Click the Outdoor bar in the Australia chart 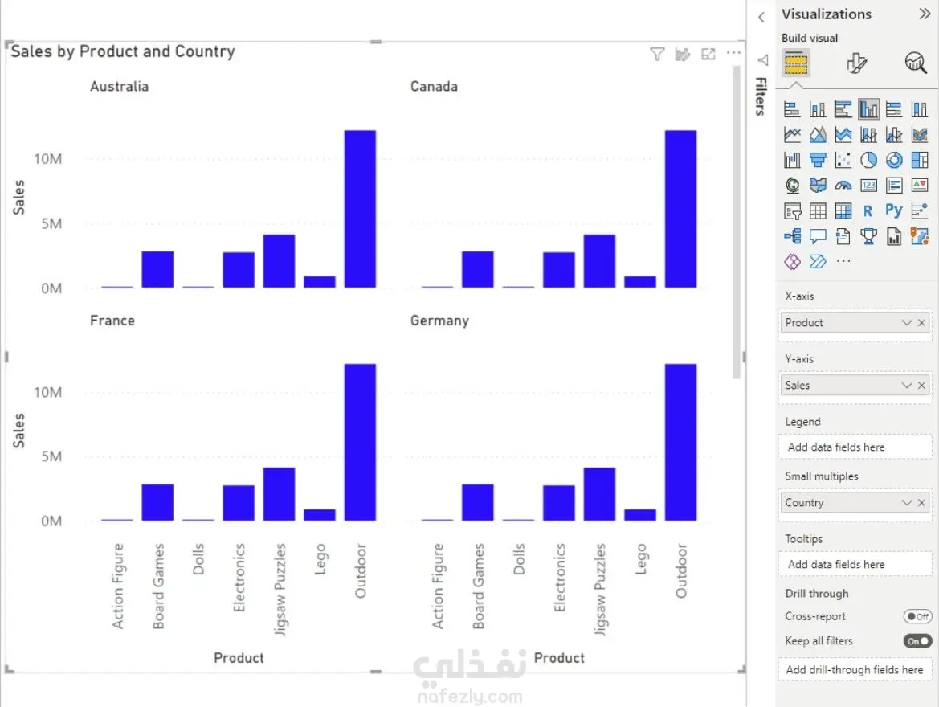pos(360,209)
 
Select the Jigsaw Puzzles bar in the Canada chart pos(599,261)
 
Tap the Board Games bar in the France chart pos(157,502)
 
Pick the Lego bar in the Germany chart pos(640,515)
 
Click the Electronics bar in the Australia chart pos(239,270)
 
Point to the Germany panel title pos(439,321)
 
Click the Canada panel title pos(434,87)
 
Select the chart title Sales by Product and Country pos(123,52)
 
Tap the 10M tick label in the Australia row pos(47,159)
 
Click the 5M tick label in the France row pos(50,456)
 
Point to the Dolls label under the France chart pos(198,559)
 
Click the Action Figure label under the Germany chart pos(438,586)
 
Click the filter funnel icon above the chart pos(657,55)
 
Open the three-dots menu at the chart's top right pos(733,54)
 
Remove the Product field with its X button pos(921,323)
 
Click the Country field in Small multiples pos(839,503)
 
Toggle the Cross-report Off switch pos(917,617)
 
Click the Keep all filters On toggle pos(917,641)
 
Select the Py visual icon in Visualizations pos(894,210)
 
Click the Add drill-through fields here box pos(854,670)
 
